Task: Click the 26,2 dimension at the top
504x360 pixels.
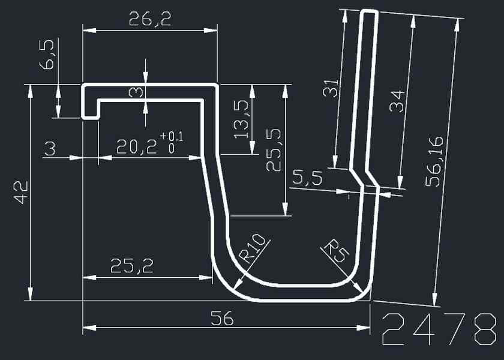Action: [149, 19]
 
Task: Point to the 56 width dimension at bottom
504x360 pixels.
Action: [223, 319]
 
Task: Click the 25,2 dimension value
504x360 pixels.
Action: [131, 266]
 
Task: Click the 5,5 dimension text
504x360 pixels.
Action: [307, 178]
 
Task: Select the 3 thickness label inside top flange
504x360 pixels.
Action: [136, 92]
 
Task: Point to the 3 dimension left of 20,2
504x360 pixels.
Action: [50, 148]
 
